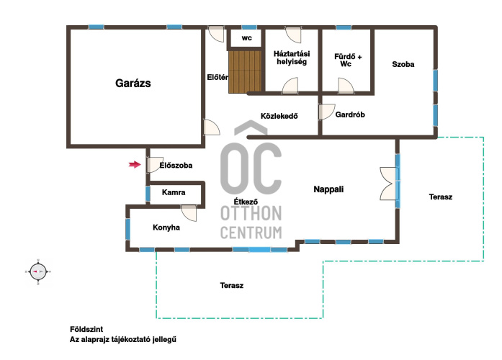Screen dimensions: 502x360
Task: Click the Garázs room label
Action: pos(133,84)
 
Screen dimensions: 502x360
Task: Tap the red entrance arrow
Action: pos(135,164)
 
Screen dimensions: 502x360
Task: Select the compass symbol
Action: pos(38,271)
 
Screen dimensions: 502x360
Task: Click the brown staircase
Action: pos(246,72)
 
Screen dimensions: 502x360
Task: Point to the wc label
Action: pos(246,38)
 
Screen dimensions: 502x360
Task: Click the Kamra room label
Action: pos(174,192)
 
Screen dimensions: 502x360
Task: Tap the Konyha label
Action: pos(166,228)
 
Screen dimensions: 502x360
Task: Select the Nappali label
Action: pos(328,189)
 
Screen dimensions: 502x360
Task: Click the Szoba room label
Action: pos(403,64)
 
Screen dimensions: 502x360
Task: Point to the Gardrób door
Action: pos(326,112)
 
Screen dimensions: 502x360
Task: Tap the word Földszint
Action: pos(86,329)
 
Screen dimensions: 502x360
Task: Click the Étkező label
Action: pos(246,202)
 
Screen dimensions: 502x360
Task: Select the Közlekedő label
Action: pos(279,116)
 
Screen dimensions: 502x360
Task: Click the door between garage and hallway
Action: pos(212,127)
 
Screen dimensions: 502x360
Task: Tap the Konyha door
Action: pos(189,213)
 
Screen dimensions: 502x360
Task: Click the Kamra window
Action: pos(148,194)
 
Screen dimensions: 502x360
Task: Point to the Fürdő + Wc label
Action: pos(348,60)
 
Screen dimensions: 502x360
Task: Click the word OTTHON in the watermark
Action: pos(251,213)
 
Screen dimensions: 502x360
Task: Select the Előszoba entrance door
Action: pos(155,165)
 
